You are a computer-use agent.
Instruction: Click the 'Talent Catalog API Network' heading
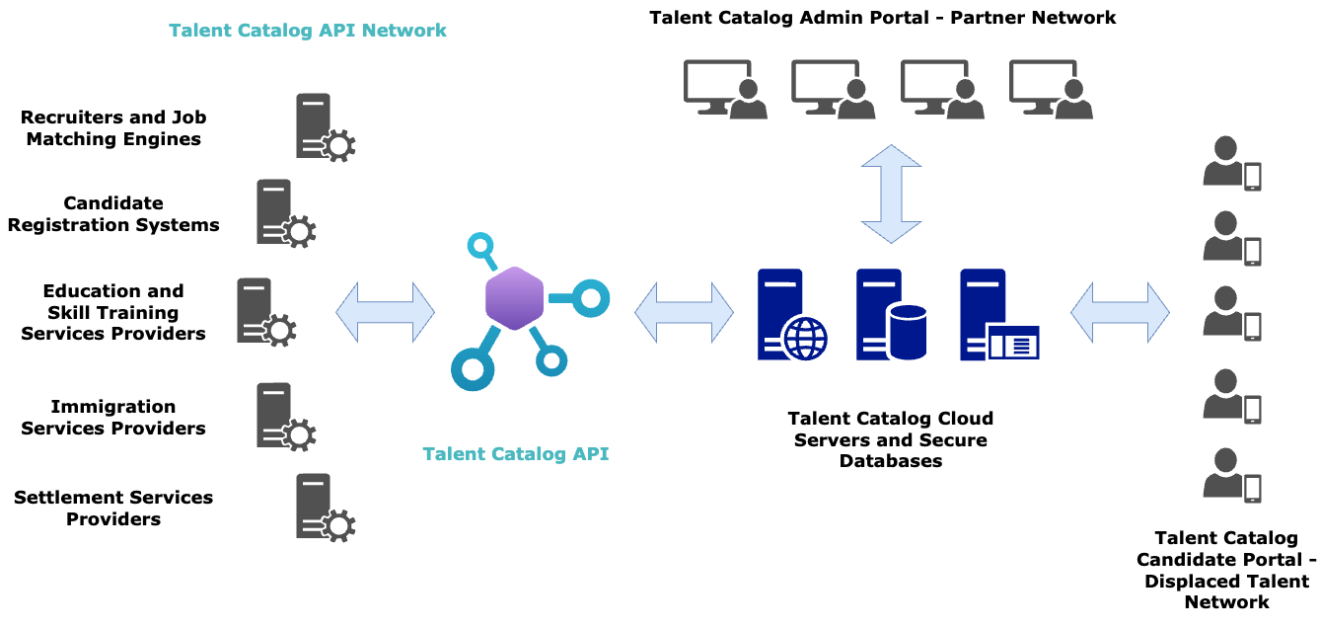(x=308, y=31)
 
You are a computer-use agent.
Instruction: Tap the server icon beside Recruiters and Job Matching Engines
(x=322, y=126)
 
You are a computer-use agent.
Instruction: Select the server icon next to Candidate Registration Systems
(x=282, y=212)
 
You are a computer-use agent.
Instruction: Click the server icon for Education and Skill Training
(x=262, y=311)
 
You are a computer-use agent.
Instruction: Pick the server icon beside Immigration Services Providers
(x=282, y=416)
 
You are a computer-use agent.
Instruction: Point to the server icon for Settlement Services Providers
(x=322, y=506)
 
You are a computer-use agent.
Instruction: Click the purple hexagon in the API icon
(x=514, y=297)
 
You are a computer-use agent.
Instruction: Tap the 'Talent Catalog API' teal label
(x=515, y=454)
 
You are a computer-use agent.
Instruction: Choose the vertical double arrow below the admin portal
(x=891, y=194)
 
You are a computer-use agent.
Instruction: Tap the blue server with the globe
(x=789, y=314)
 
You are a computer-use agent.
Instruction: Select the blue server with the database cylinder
(x=890, y=314)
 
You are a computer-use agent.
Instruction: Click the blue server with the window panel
(x=996, y=314)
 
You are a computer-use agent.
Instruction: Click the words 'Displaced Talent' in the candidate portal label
(x=1225, y=581)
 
